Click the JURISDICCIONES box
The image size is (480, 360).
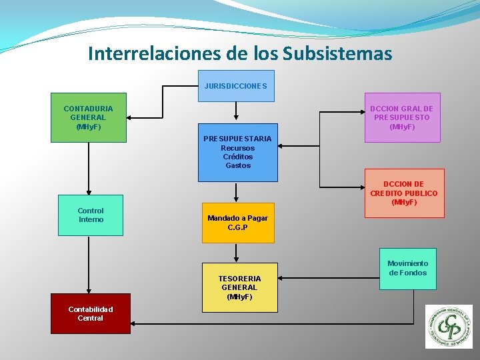click(x=236, y=86)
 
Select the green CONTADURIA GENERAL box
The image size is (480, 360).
click(x=89, y=117)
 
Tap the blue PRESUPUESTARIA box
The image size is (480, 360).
click(x=237, y=152)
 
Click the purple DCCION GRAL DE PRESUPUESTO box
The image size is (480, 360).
click(x=401, y=117)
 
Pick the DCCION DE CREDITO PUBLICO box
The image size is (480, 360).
click(x=404, y=193)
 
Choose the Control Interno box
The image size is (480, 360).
click(x=91, y=215)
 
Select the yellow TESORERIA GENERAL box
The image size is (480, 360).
click(x=239, y=287)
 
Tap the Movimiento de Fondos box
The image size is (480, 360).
click(x=407, y=268)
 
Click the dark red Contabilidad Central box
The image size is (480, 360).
click(x=91, y=314)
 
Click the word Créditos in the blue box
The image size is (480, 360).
click(x=238, y=157)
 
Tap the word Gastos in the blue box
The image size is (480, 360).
click(x=238, y=165)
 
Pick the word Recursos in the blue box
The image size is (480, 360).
click(x=237, y=148)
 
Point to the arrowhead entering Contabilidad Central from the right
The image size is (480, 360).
click(x=134, y=323)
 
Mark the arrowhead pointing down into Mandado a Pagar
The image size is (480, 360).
click(x=236, y=198)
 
